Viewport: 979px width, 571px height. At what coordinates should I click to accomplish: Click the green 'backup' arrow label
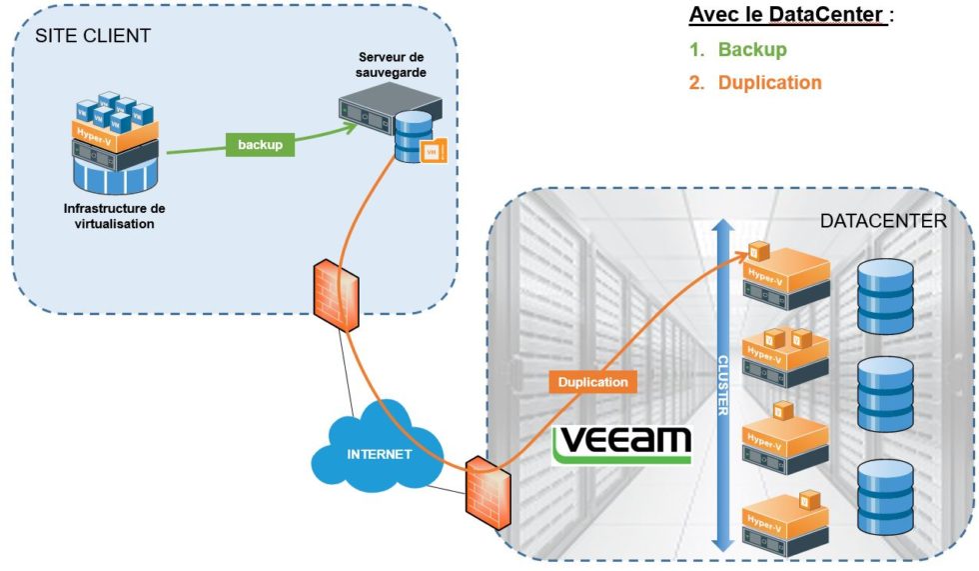pos(260,145)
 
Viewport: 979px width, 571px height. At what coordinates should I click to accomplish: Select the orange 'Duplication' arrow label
pos(593,382)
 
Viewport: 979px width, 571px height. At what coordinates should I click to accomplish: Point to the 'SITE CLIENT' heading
pos(93,36)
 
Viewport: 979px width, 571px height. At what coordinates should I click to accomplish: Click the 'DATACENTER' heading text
pos(882,221)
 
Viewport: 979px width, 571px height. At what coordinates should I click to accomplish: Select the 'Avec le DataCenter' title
pos(788,16)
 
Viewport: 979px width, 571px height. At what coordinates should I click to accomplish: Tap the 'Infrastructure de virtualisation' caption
pos(114,216)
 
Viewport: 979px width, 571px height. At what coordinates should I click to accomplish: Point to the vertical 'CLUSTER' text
pos(722,384)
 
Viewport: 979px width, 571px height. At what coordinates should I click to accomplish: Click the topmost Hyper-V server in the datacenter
pos(786,273)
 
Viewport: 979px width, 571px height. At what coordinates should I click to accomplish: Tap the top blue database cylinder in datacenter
pos(885,296)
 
